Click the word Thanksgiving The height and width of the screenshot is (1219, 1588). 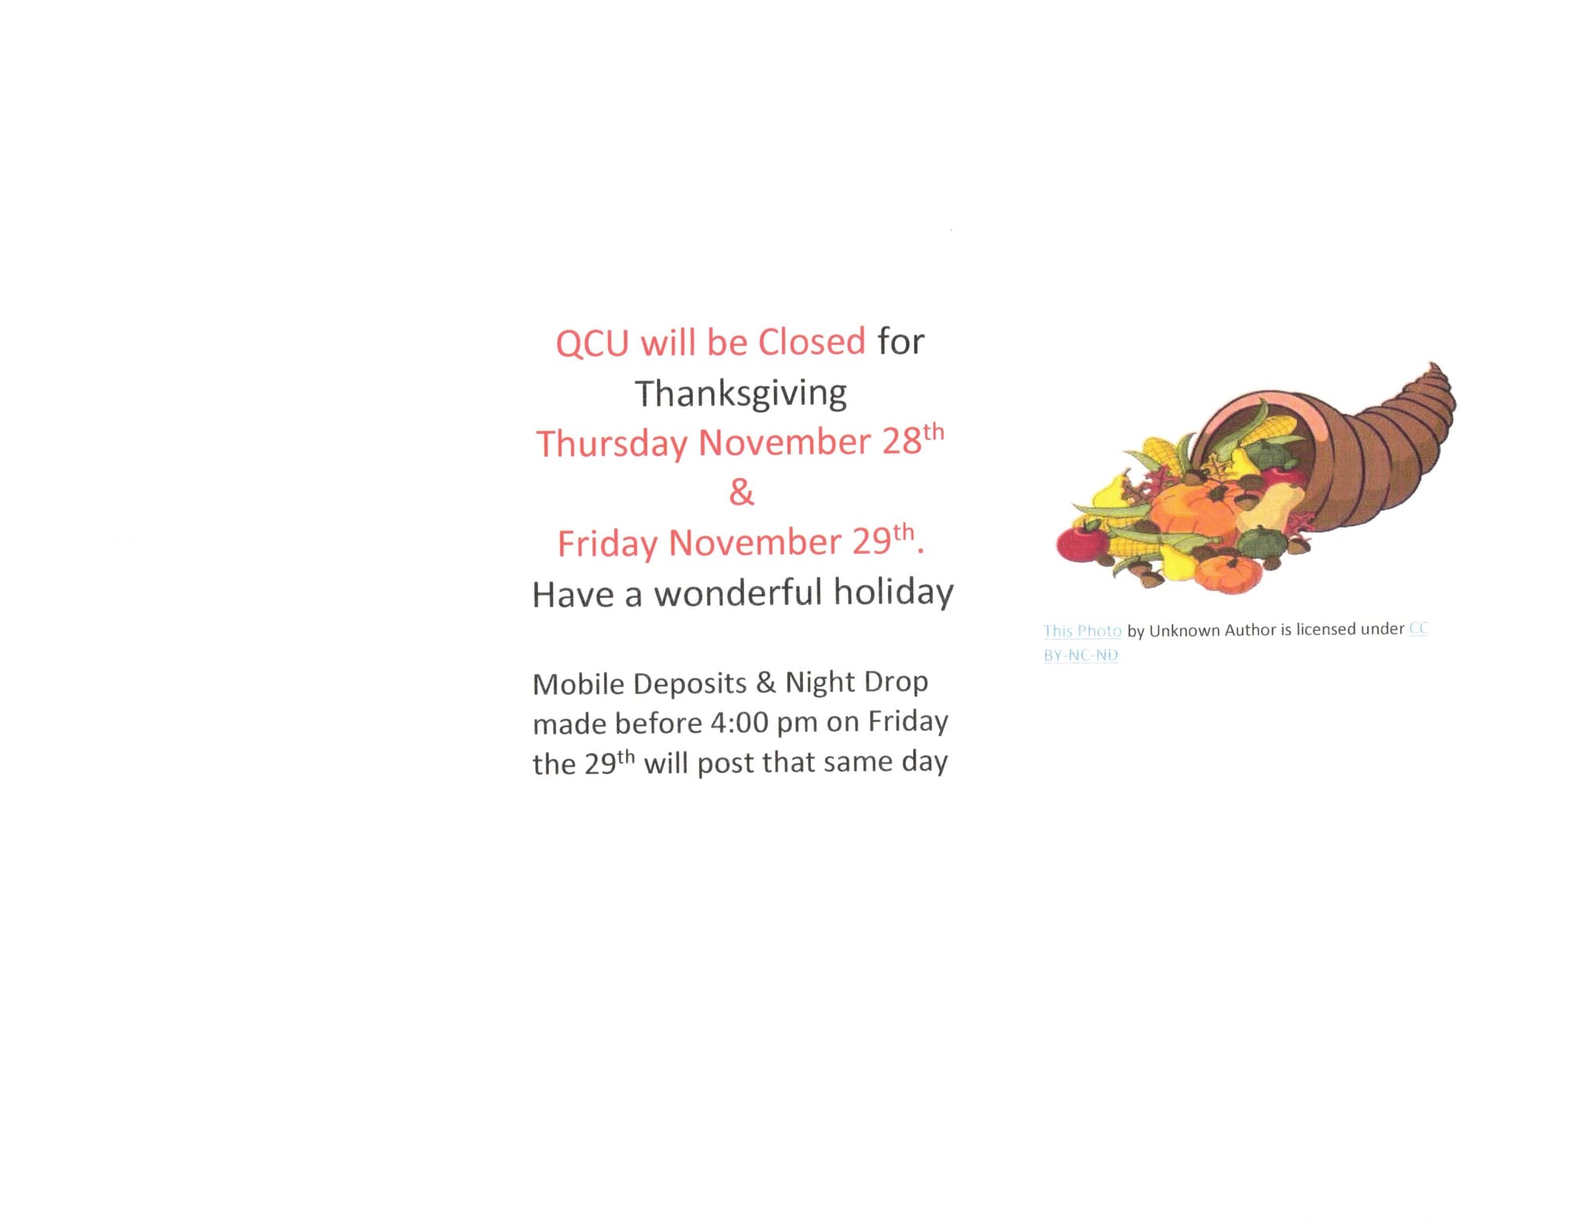click(x=740, y=394)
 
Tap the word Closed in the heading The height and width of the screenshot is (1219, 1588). click(x=811, y=341)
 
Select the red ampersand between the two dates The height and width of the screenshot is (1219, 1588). click(x=741, y=492)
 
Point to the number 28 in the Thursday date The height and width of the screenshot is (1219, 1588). click(x=901, y=442)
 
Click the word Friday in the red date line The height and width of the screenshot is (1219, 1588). click(x=607, y=543)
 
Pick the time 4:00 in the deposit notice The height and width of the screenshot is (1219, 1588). click(x=739, y=723)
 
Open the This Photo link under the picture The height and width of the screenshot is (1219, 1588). click(x=1082, y=631)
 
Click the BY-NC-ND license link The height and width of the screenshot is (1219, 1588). click(x=1081, y=655)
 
